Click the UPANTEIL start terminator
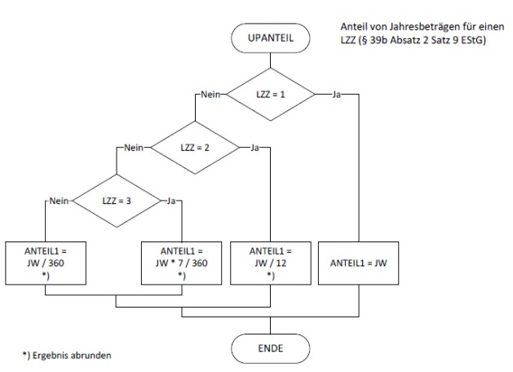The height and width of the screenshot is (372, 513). pyautogui.click(x=271, y=38)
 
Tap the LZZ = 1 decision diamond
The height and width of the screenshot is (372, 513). pyautogui.click(x=271, y=95)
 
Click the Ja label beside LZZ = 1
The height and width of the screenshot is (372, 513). pyautogui.click(x=337, y=95)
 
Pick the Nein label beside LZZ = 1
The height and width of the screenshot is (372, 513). pyautogui.click(x=210, y=95)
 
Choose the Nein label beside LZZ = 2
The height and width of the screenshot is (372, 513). pyautogui.click(x=133, y=148)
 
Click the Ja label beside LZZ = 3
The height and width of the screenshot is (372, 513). pyautogui.click(x=171, y=200)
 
